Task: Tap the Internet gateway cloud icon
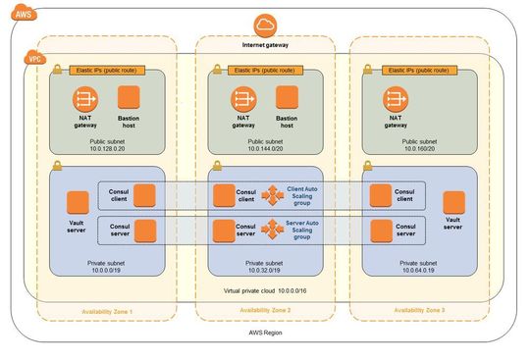[x=266, y=26]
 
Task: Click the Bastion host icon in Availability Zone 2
[x=287, y=98]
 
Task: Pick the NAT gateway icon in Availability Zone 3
[x=396, y=98]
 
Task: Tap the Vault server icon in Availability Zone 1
[x=78, y=203]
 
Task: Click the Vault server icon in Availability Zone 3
[x=452, y=202]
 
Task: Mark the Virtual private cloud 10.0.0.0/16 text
[x=265, y=292]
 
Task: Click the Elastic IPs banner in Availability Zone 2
[x=265, y=71]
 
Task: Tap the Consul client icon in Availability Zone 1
[x=144, y=195]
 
